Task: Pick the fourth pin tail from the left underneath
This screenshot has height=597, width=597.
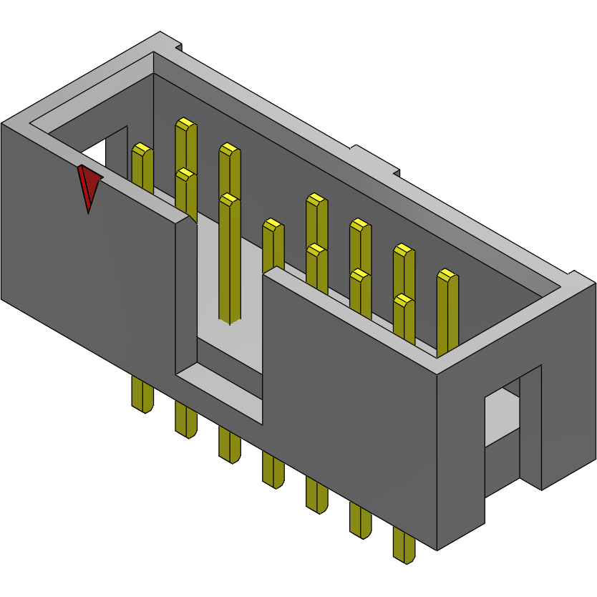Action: [273, 470]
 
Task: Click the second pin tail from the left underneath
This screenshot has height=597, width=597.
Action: [186, 420]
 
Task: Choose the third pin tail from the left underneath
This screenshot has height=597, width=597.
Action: [230, 445]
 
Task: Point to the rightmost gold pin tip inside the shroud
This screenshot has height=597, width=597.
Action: [447, 276]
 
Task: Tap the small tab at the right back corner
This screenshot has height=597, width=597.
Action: [573, 274]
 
